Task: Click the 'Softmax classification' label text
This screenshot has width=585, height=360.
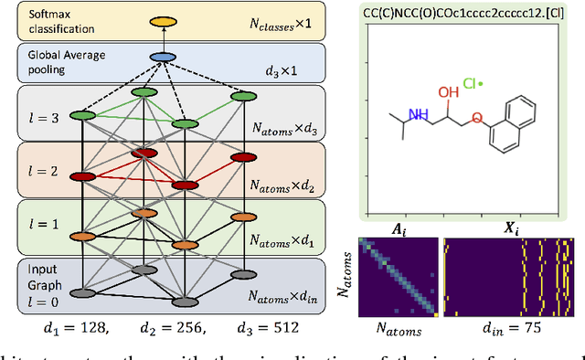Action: pyautogui.click(x=41, y=19)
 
